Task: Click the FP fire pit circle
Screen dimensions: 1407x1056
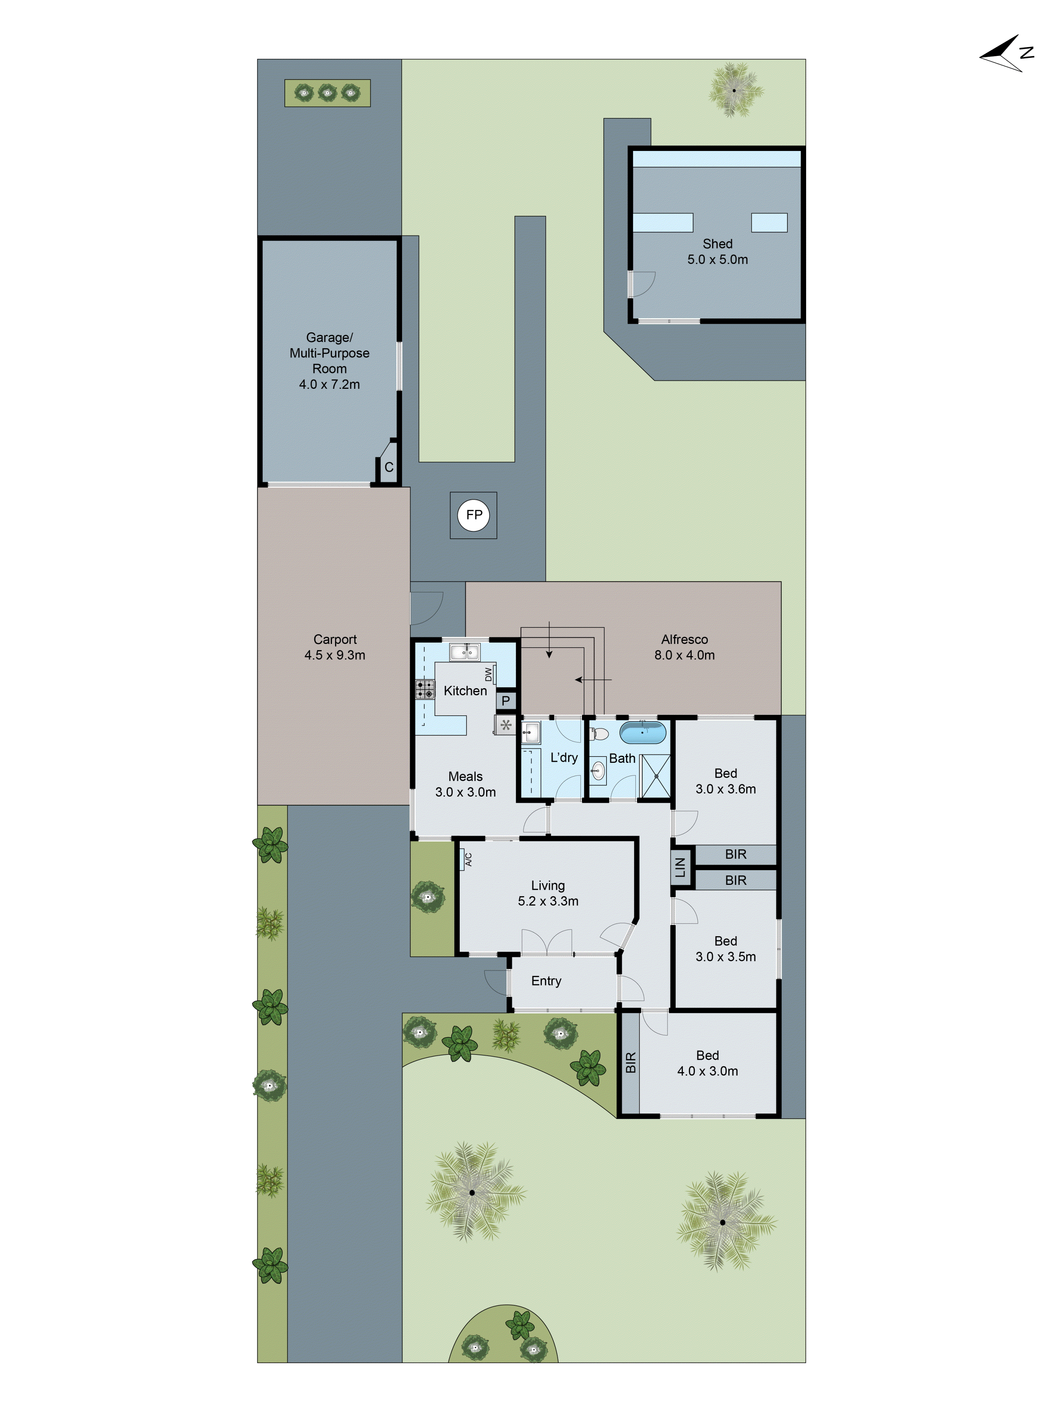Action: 473,515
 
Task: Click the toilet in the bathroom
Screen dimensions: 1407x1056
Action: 599,734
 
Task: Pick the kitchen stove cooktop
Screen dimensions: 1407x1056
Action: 425,689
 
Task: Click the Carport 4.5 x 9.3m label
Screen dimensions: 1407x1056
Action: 335,647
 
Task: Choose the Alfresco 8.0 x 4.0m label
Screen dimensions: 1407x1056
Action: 684,647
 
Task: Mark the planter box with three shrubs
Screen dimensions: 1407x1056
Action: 327,93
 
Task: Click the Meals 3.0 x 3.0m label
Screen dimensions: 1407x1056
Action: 465,784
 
